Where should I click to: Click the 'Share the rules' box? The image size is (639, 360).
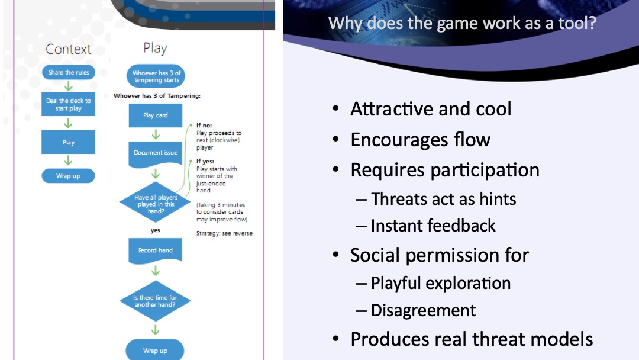tap(69, 73)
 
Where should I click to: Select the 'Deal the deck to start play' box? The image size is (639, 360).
tap(69, 104)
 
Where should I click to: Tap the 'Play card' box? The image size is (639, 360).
tap(156, 115)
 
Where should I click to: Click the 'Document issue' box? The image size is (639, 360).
tap(156, 153)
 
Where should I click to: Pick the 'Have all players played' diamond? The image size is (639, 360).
tap(155, 201)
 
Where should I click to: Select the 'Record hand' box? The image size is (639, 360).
tap(156, 250)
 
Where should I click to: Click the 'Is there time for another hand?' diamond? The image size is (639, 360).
tap(155, 301)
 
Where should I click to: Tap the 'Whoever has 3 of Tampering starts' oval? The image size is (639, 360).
tap(156, 76)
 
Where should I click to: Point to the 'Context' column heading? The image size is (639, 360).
tap(69, 49)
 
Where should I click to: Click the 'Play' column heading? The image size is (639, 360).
tap(155, 48)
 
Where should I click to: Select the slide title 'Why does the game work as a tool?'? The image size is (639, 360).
tap(461, 24)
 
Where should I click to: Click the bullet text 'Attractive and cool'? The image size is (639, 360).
tap(431, 109)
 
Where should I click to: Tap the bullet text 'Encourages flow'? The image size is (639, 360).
tap(420, 140)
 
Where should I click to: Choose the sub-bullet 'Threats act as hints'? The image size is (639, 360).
tap(443, 199)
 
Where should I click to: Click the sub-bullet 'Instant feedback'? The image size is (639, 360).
tap(433, 226)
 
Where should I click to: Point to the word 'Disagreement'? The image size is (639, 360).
tap(423, 310)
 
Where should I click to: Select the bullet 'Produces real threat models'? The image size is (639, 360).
tap(472, 339)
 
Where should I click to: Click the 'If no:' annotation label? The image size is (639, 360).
tap(204, 126)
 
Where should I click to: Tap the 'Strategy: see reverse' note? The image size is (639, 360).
tap(224, 233)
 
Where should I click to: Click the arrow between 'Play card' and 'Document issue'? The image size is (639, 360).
tap(156, 134)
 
